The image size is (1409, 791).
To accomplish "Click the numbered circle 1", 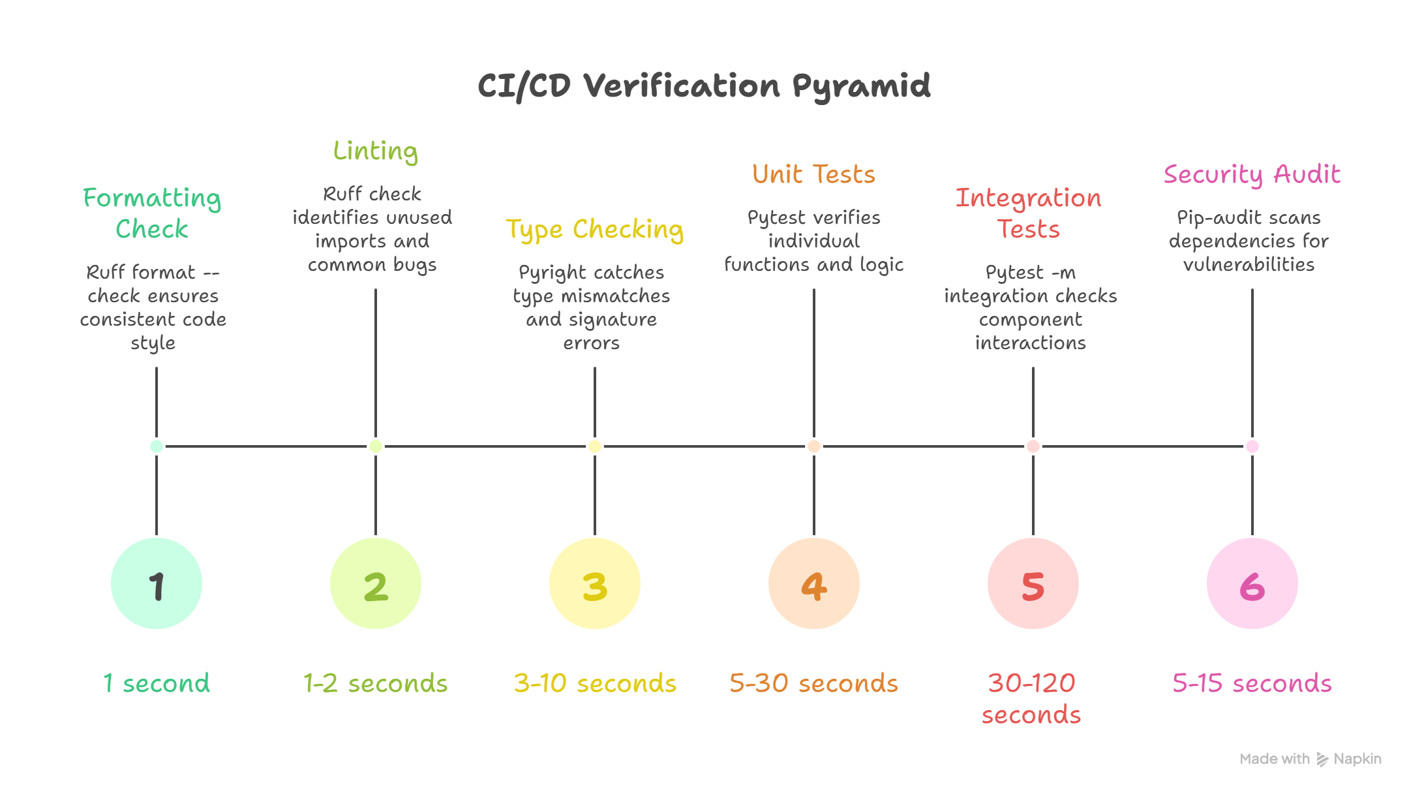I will pyautogui.click(x=157, y=583).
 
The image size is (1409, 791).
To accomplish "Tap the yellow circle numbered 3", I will pyautogui.click(x=595, y=583).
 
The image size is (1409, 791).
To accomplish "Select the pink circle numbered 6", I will pyautogui.click(x=1252, y=583).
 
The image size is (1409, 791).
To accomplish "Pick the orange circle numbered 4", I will pyautogui.click(x=814, y=583).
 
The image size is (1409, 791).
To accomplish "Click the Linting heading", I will pyautogui.click(x=376, y=151).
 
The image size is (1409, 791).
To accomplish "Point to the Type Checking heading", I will pyautogui.click(x=595, y=229).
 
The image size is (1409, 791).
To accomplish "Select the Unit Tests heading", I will pyautogui.click(x=814, y=174).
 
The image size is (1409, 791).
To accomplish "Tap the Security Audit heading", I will pyautogui.click(x=1252, y=174).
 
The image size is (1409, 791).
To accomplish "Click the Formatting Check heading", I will pyautogui.click(x=153, y=213).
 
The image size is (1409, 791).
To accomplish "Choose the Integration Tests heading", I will pyautogui.click(x=1029, y=213).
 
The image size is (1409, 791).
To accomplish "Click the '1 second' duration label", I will pyautogui.click(x=157, y=683).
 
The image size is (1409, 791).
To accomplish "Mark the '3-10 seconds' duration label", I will pyautogui.click(x=595, y=683).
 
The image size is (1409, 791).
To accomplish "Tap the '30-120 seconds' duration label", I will pyautogui.click(x=1032, y=698).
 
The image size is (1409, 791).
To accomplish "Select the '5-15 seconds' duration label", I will pyautogui.click(x=1252, y=683).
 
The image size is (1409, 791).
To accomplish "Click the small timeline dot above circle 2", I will pyautogui.click(x=376, y=446).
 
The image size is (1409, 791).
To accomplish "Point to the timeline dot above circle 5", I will pyautogui.click(x=1033, y=446).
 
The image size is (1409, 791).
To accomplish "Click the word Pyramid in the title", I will pyautogui.click(x=862, y=86).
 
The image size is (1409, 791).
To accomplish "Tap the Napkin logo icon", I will pyautogui.click(x=1322, y=759).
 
